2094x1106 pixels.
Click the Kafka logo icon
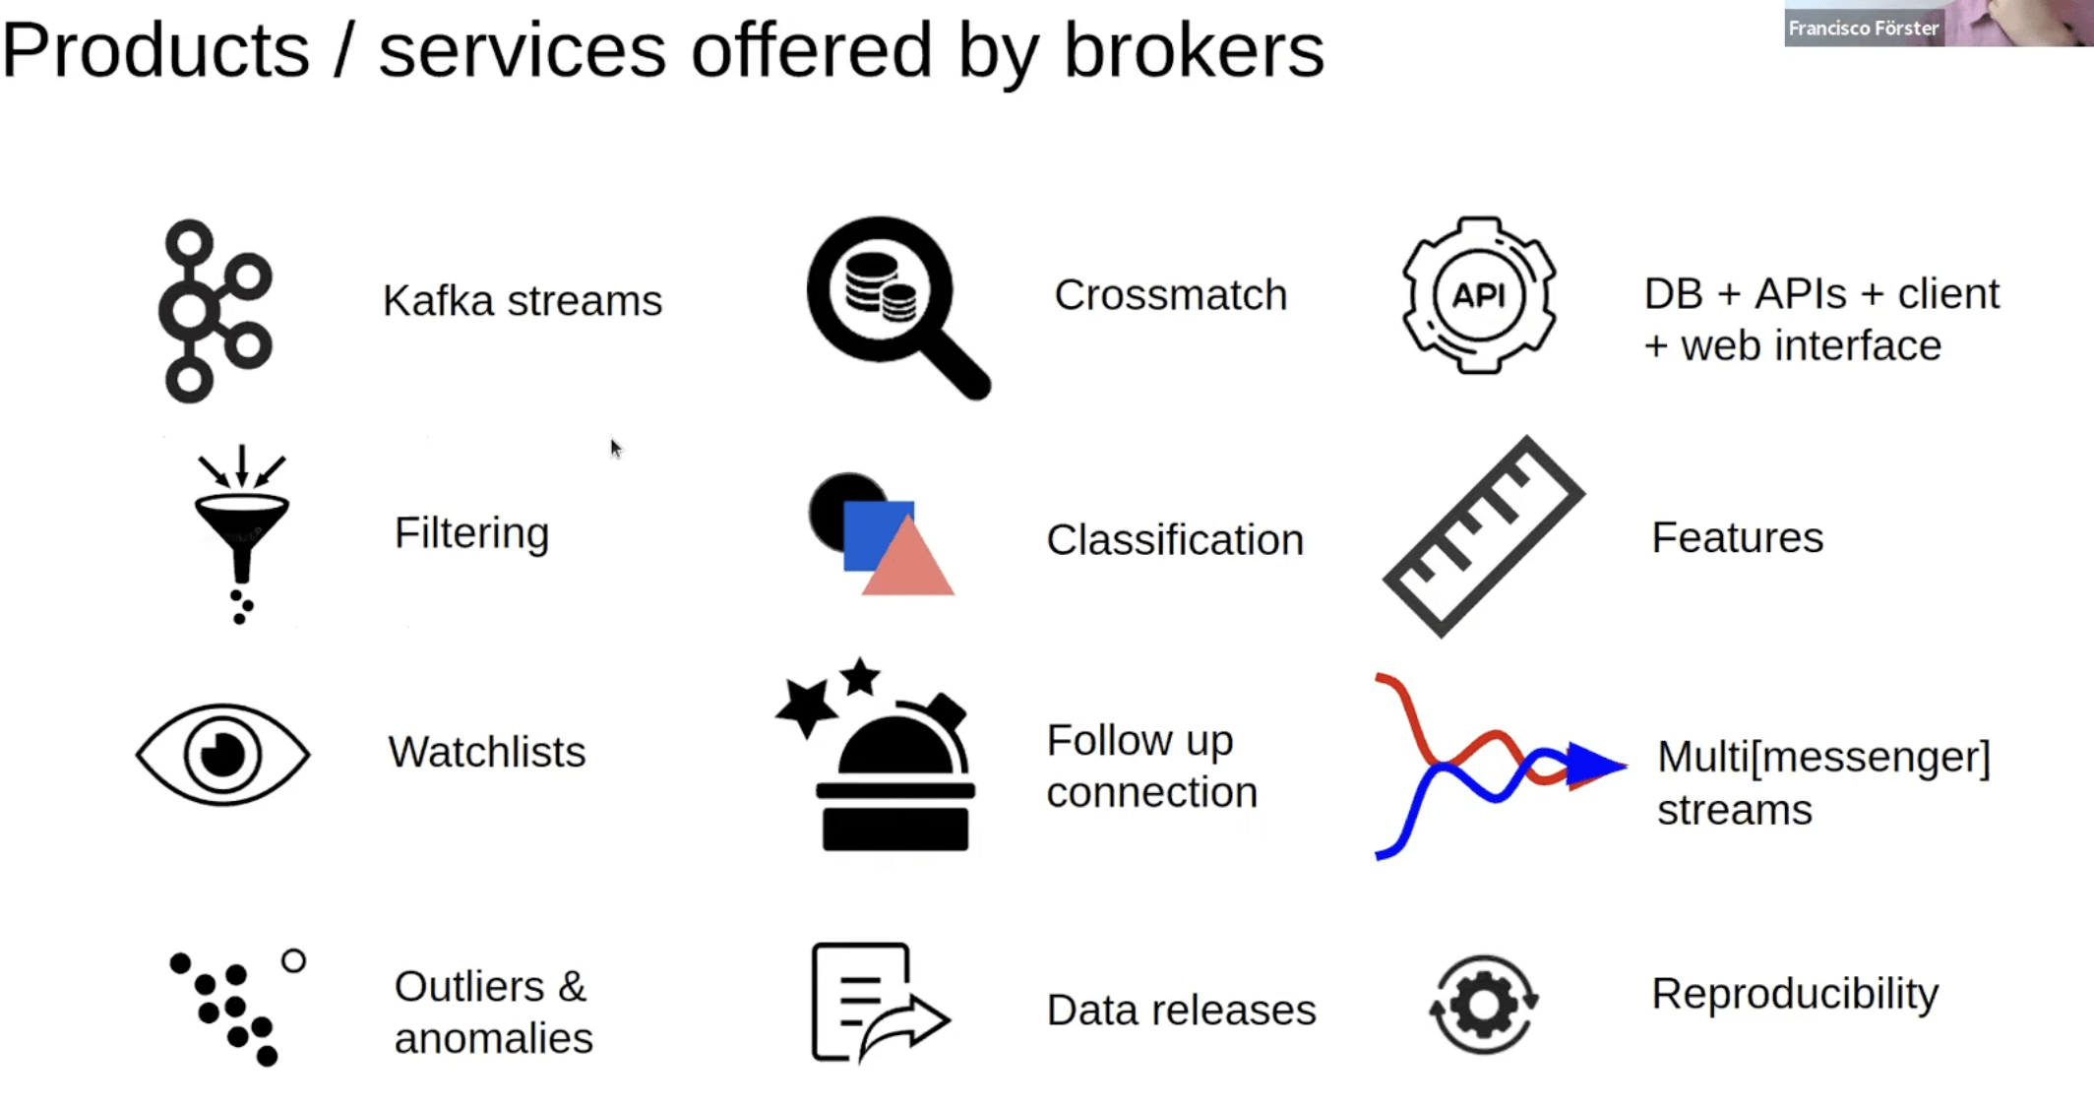pos(215,310)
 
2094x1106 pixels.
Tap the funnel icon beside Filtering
pos(241,531)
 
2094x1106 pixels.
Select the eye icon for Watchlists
pos(223,755)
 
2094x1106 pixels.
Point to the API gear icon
pos(1478,295)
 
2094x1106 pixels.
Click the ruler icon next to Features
pos(1483,536)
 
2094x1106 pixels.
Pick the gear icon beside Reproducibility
pos(1483,1005)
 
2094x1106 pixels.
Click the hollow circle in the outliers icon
pos(293,960)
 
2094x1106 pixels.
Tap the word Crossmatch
pos(1170,295)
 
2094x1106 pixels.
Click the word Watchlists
pos(487,753)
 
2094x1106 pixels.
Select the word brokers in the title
pos(1194,51)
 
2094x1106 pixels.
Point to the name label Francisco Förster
pos(1863,29)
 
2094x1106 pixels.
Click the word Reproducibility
pos(1795,994)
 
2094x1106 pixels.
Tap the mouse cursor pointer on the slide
pos(615,449)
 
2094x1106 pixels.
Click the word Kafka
pos(438,301)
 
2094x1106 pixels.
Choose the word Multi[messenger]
pos(1823,758)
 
